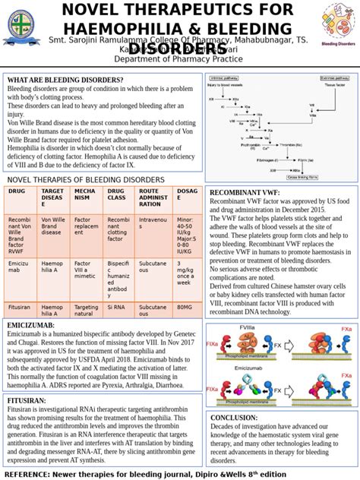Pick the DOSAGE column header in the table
(x=187, y=195)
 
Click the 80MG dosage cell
(x=185, y=307)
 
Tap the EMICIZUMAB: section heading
(x=30, y=325)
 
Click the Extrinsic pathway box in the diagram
(x=335, y=77)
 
